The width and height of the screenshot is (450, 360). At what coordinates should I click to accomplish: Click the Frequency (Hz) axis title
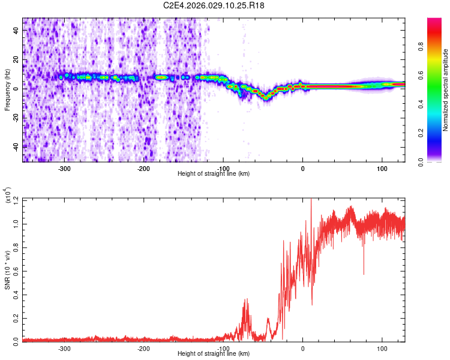click(7, 90)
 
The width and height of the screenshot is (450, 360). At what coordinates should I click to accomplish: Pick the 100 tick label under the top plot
click(382, 168)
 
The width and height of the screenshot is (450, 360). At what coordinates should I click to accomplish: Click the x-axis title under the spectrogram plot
click(214, 174)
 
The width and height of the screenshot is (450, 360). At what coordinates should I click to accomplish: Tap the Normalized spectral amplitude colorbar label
click(446, 90)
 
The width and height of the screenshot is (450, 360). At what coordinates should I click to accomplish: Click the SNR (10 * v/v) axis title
click(7, 270)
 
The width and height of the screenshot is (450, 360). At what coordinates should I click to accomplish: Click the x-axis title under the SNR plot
click(214, 354)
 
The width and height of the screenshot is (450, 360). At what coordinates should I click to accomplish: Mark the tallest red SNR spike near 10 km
click(311, 200)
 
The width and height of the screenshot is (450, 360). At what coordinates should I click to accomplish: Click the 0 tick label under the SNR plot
click(302, 348)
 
